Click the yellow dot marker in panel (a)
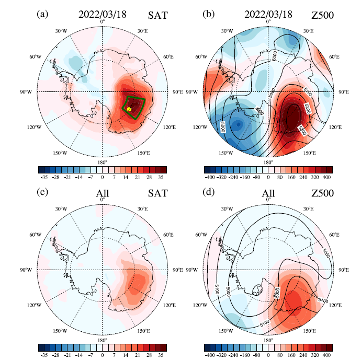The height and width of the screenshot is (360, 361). (x=129, y=109)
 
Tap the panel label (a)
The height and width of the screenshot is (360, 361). (x=42, y=15)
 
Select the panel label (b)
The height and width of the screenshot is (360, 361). (x=207, y=15)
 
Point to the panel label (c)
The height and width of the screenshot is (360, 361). (x=42, y=193)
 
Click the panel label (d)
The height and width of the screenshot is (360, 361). (x=207, y=193)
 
